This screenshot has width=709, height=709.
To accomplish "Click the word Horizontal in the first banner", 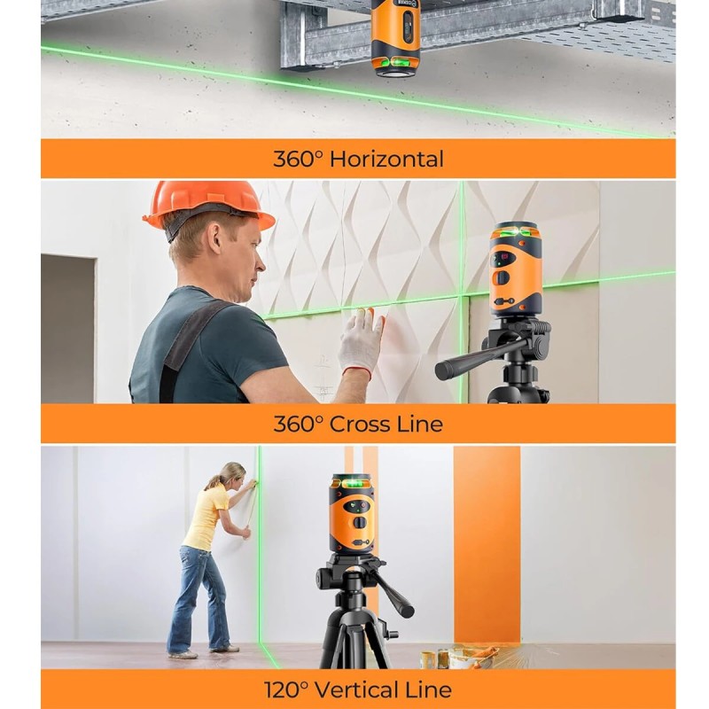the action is point(386,160).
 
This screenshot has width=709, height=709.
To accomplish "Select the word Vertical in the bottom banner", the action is point(355,690).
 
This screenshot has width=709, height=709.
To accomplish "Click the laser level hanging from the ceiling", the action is point(395,38).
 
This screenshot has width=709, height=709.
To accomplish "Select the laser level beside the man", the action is point(515,270).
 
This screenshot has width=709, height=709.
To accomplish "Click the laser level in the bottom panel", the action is point(353,514).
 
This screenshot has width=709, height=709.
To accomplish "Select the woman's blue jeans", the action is point(199,597).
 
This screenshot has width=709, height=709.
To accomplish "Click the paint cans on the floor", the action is point(452,657).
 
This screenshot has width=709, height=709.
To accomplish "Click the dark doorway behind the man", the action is point(68,329).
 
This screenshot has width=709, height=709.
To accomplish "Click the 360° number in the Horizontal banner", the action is point(299,160).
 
